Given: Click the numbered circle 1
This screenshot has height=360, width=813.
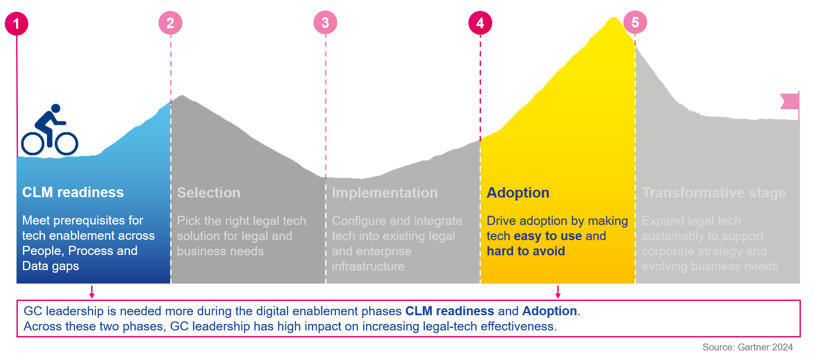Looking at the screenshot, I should pyautogui.click(x=16, y=23).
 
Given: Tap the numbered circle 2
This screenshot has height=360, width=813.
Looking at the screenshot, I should pyautogui.click(x=170, y=23).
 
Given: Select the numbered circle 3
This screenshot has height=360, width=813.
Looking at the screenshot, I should pyautogui.click(x=325, y=23).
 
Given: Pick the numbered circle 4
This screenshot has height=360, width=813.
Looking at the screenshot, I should pyautogui.click(x=480, y=23).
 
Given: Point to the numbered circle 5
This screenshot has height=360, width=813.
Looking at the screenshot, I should pyautogui.click(x=635, y=22).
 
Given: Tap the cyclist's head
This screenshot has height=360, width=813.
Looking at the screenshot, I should pyautogui.click(x=56, y=108).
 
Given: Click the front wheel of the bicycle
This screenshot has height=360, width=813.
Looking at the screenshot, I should pyautogui.click(x=66, y=143).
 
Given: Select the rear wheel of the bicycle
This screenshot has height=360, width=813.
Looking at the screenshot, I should pyautogui.click(x=33, y=143).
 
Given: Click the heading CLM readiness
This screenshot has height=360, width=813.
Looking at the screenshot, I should pyautogui.click(x=73, y=192).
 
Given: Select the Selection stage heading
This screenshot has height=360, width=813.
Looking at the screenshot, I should pyautogui.click(x=209, y=193).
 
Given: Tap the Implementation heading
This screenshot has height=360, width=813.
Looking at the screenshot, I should pyautogui.click(x=385, y=193).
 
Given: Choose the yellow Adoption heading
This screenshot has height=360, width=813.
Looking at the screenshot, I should pyautogui.click(x=518, y=193).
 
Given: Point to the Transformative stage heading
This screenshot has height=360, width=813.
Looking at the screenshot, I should pyautogui.click(x=714, y=193).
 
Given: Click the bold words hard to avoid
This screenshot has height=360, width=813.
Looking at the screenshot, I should pyautogui.click(x=526, y=251).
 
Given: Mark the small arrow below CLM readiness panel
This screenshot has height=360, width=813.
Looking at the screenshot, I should pyautogui.click(x=92, y=292).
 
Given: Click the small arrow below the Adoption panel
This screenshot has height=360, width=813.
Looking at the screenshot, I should pyautogui.click(x=558, y=292).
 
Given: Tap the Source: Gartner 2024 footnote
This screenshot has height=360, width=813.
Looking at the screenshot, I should pyautogui.click(x=747, y=347).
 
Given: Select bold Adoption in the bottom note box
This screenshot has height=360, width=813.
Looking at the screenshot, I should pyautogui.click(x=550, y=311).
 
